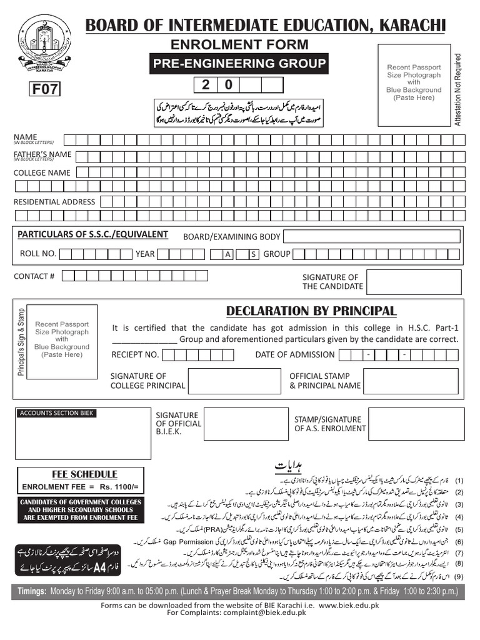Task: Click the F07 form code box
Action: [x=45, y=89]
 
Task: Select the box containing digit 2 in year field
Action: [x=205, y=85]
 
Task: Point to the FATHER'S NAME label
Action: [x=42, y=154]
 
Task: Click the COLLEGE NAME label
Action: [x=42, y=172]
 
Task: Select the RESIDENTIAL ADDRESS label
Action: [x=54, y=202]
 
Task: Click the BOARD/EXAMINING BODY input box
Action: [x=372, y=236]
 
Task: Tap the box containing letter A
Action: [x=229, y=254]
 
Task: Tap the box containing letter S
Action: [x=253, y=254]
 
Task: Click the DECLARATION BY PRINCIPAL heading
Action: [x=311, y=311]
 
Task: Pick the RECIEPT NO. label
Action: [x=135, y=354]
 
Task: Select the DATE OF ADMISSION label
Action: [x=295, y=354]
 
